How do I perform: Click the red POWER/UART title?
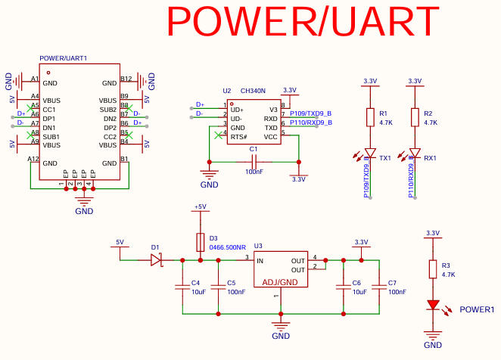(x=303, y=21)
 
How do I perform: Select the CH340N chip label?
(x=253, y=91)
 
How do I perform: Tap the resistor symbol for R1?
(x=370, y=117)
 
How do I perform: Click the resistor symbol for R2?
(x=415, y=117)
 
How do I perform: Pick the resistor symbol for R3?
(x=433, y=269)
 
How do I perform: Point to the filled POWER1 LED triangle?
(x=433, y=305)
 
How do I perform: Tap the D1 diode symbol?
(x=156, y=260)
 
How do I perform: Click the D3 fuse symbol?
(x=201, y=242)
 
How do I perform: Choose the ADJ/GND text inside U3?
(x=280, y=282)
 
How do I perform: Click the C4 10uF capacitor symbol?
(x=182, y=287)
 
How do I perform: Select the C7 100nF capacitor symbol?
(x=379, y=287)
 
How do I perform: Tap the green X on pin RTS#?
(x=218, y=135)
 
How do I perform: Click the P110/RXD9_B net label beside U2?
(x=311, y=123)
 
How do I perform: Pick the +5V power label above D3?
(x=201, y=206)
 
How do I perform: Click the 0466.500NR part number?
(x=228, y=247)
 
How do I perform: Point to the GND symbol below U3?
(x=281, y=327)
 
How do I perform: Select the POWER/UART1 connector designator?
(x=64, y=58)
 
